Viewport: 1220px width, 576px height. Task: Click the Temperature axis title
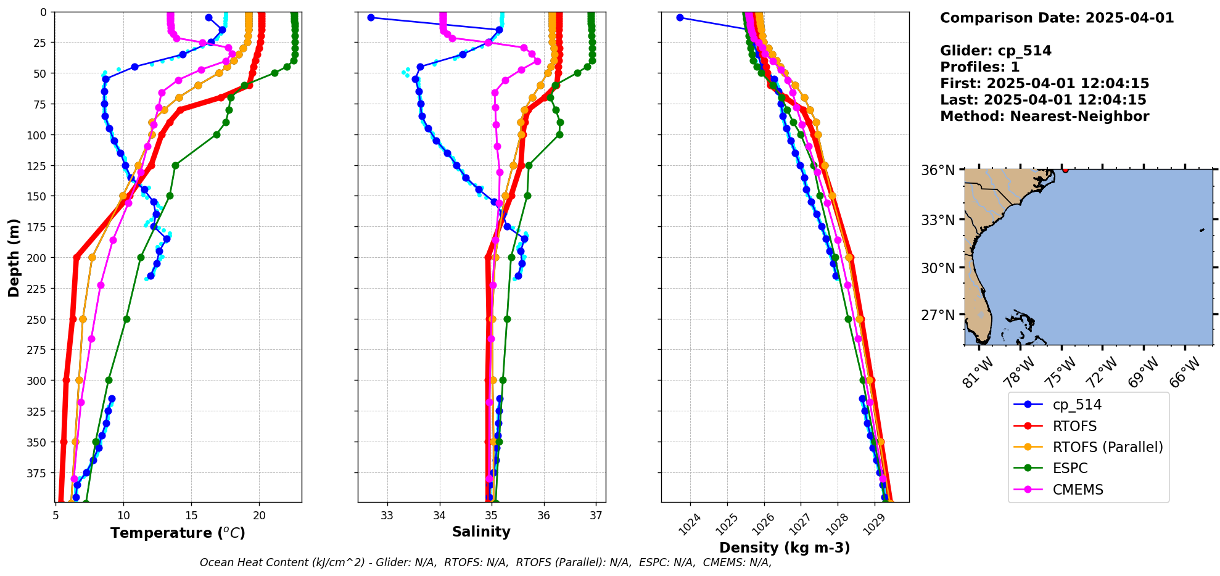coord(178,533)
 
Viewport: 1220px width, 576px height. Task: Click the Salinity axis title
coord(481,532)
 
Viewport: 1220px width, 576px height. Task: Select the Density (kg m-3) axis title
coord(785,548)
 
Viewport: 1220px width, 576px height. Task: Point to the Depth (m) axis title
coord(14,257)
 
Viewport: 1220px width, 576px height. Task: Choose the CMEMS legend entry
coord(1078,490)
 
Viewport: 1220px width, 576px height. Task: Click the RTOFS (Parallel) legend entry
coord(1107,447)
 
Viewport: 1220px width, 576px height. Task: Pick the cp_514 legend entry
coord(1076,405)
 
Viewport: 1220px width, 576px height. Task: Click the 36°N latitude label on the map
coord(938,170)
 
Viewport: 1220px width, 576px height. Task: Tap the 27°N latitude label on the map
coord(938,315)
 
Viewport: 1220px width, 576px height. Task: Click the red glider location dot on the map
coord(1065,170)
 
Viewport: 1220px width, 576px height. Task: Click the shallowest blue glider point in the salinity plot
coord(371,17)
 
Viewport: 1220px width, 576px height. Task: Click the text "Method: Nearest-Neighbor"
coord(1044,117)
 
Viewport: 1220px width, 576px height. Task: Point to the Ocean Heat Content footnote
coord(485,562)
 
